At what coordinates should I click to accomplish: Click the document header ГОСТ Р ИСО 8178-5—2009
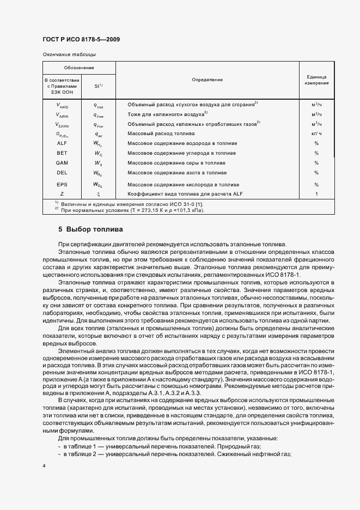(x=81, y=39)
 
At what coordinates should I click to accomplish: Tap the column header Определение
(x=207, y=80)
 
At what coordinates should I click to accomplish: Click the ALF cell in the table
(x=62, y=143)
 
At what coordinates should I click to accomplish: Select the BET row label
(x=62, y=153)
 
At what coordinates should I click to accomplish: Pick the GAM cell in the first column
(x=62, y=163)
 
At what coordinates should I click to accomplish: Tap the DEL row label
(x=62, y=173)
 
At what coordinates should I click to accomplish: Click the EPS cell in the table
(x=62, y=184)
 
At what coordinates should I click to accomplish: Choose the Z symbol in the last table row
(x=62, y=193)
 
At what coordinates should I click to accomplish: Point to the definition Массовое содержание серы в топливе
(x=174, y=163)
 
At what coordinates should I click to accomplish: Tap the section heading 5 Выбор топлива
(x=90, y=229)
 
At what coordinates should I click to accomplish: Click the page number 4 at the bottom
(x=44, y=466)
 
